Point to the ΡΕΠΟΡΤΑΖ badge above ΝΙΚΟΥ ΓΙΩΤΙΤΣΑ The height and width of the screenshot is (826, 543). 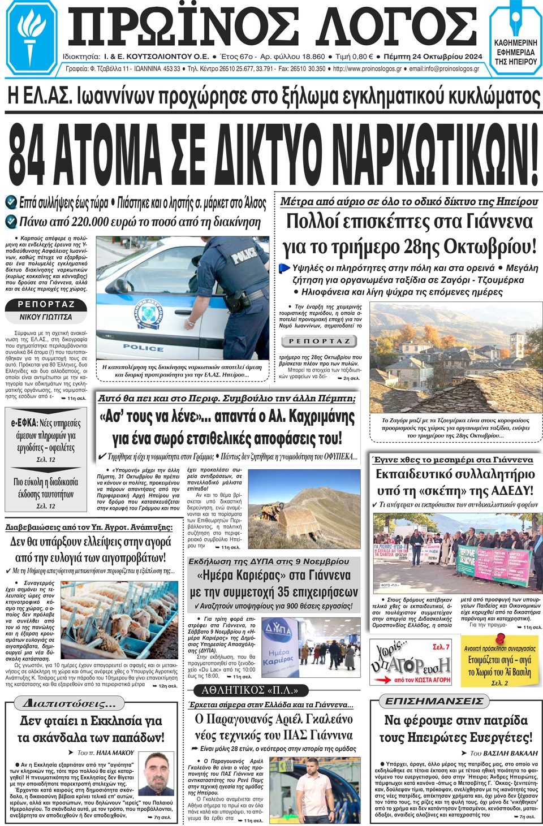(46, 305)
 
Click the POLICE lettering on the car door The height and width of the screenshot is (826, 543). (143, 348)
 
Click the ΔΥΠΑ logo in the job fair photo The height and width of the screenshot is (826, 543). (278, 629)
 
